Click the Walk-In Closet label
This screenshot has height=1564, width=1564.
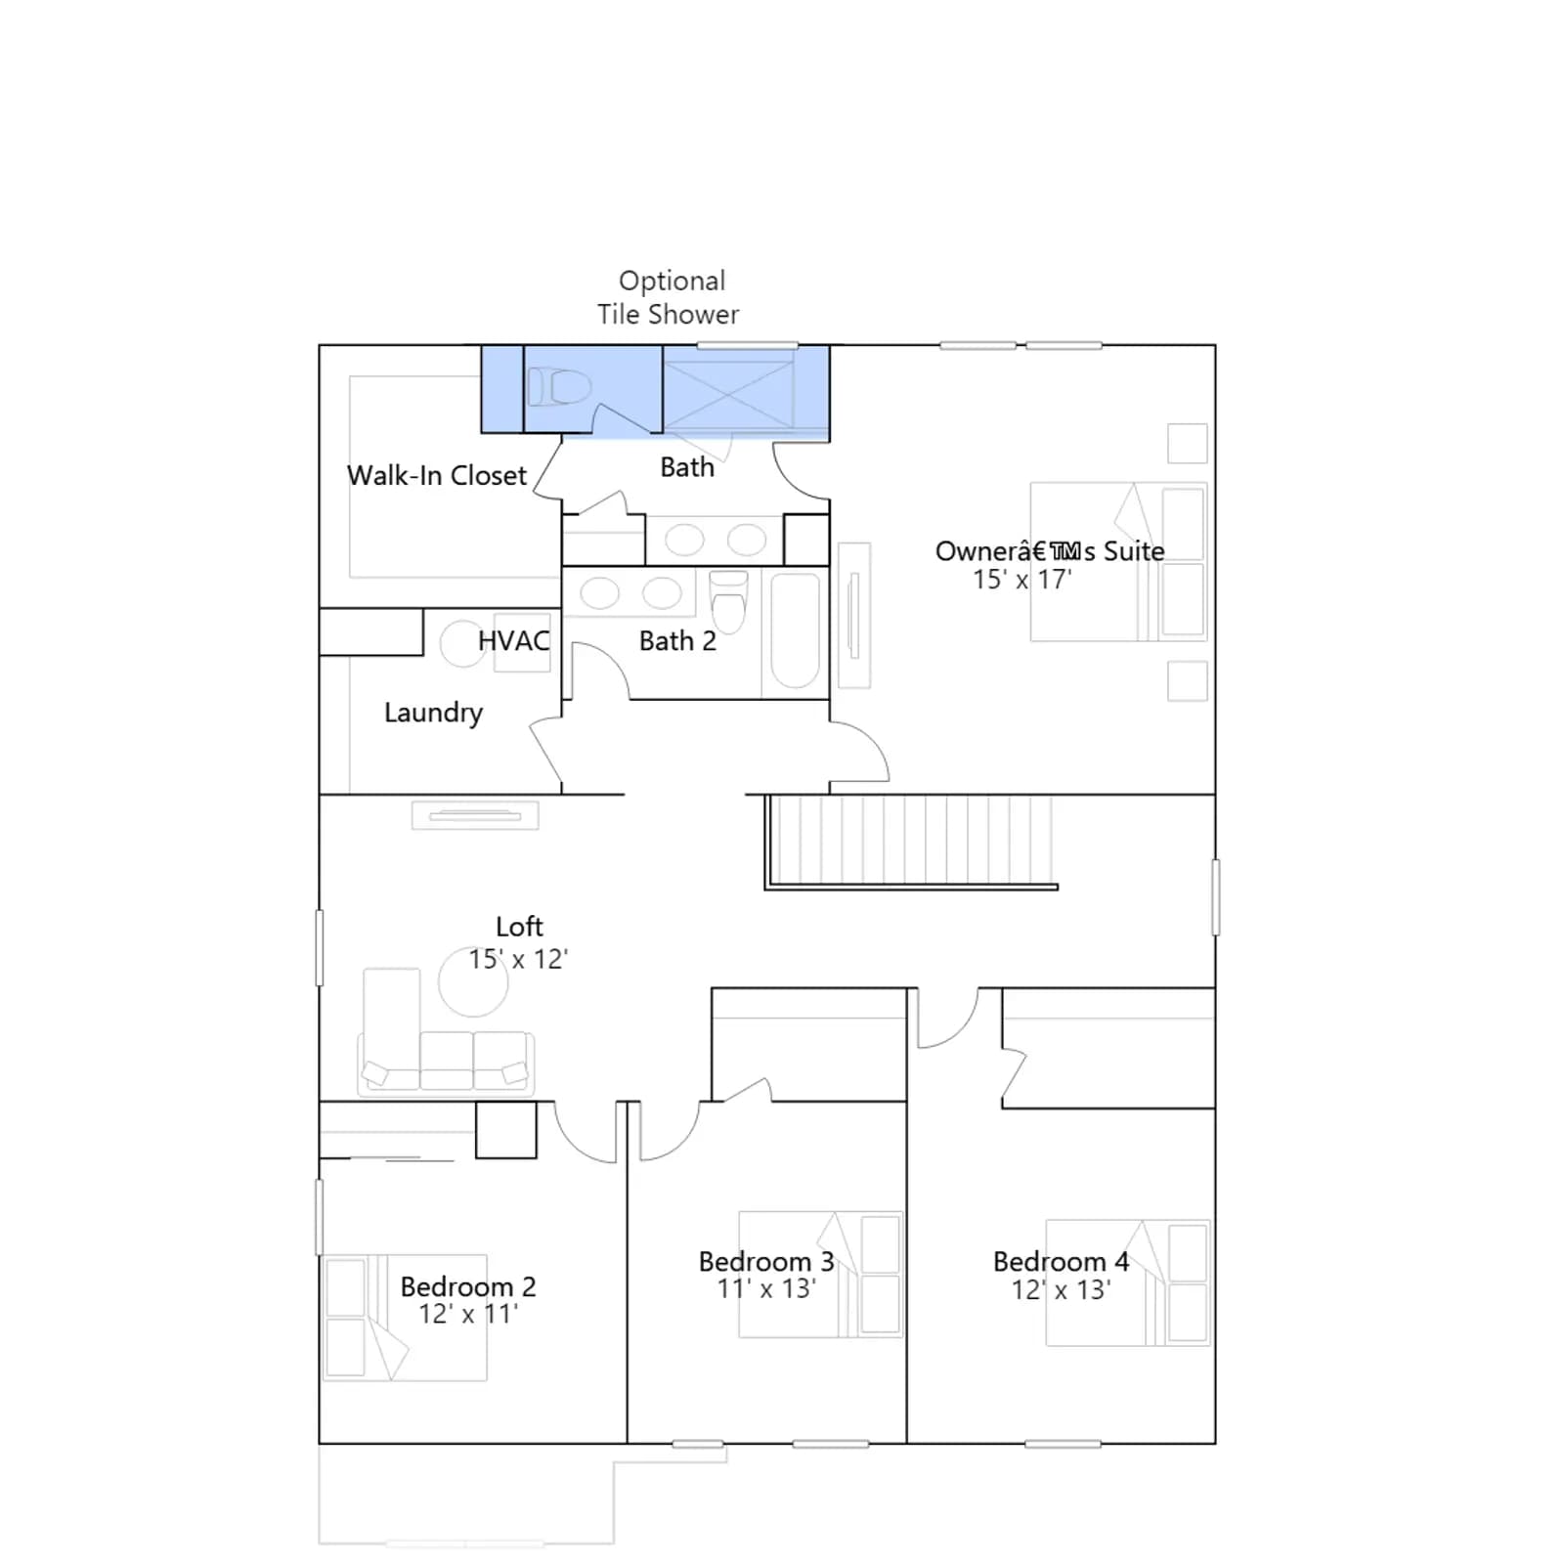coord(436,476)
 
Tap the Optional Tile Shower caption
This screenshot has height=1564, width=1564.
coord(670,298)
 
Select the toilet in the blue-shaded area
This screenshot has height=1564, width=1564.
coord(559,387)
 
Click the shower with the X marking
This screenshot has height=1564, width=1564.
coord(729,395)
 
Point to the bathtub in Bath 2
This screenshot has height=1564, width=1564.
coord(795,630)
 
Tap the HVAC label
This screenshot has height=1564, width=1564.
coord(513,641)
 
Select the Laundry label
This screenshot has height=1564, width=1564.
coord(433,713)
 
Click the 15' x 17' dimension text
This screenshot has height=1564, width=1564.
coord(1021,580)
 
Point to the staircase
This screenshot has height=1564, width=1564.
coord(911,842)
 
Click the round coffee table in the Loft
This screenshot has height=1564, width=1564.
coord(473,981)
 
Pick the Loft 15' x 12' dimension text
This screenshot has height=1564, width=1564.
coord(518,959)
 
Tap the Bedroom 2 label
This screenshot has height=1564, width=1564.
coord(468,1286)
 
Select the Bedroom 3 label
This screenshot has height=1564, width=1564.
coord(766,1262)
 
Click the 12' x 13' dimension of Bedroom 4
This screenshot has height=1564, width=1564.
coord(1061,1290)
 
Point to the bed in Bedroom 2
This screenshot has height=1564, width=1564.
coord(405,1318)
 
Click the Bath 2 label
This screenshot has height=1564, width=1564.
coord(677,641)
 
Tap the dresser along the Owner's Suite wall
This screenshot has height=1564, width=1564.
coord(853,615)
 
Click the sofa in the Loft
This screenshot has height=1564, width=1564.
coord(446,1032)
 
